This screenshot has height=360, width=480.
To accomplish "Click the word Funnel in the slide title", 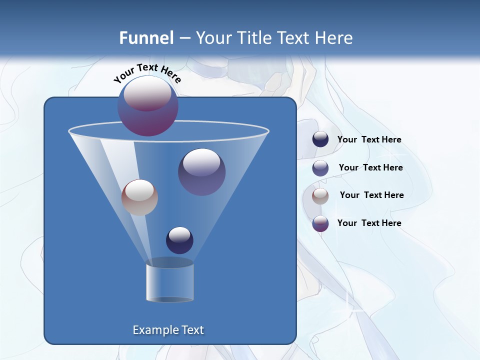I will pyautogui.click(x=146, y=38).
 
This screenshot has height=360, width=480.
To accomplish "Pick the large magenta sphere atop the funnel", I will pyautogui.click(x=148, y=105).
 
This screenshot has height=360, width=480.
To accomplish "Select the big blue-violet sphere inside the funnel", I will pyautogui.click(x=201, y=171).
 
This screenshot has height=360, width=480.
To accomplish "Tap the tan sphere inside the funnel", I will pyautogui.click(x=139, y=197).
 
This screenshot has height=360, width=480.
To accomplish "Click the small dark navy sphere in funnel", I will pyautogui.click(x=179, y=240).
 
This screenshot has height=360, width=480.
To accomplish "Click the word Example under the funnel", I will pyautogui.click(x=155, y=330).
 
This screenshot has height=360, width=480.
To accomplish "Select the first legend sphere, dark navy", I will pyautogui.click(x=320, y=139).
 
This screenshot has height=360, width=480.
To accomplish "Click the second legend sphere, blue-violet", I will pyautogui.click(x=320, y=168).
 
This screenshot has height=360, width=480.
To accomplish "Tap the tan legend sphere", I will pyautogui.click(x=320, y=196).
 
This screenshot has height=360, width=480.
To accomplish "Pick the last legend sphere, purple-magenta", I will pyautogui.click(x=320, y=223).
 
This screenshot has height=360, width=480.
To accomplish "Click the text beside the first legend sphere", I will pyautogui.click(x=369, y=140).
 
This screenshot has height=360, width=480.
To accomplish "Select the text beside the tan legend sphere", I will pyautogui.click(x=371, y=195).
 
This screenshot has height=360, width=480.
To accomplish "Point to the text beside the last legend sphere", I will pyautogui.click(x=369, y=223).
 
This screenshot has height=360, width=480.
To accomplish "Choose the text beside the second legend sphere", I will pyautogui.click(x=370, y=168).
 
